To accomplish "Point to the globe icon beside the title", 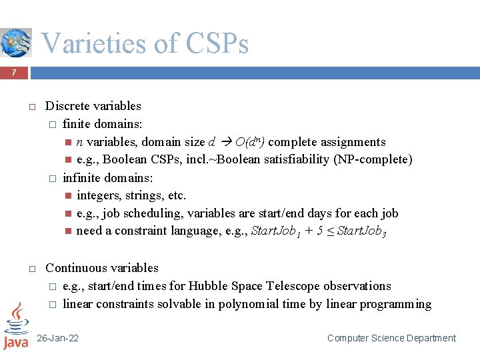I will click(15, 42).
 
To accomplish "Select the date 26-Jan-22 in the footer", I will click(57, 339).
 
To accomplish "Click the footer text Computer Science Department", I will click(391, 339).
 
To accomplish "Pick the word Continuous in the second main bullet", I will click(73, 268).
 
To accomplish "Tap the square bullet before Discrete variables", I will click(31, 107).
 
